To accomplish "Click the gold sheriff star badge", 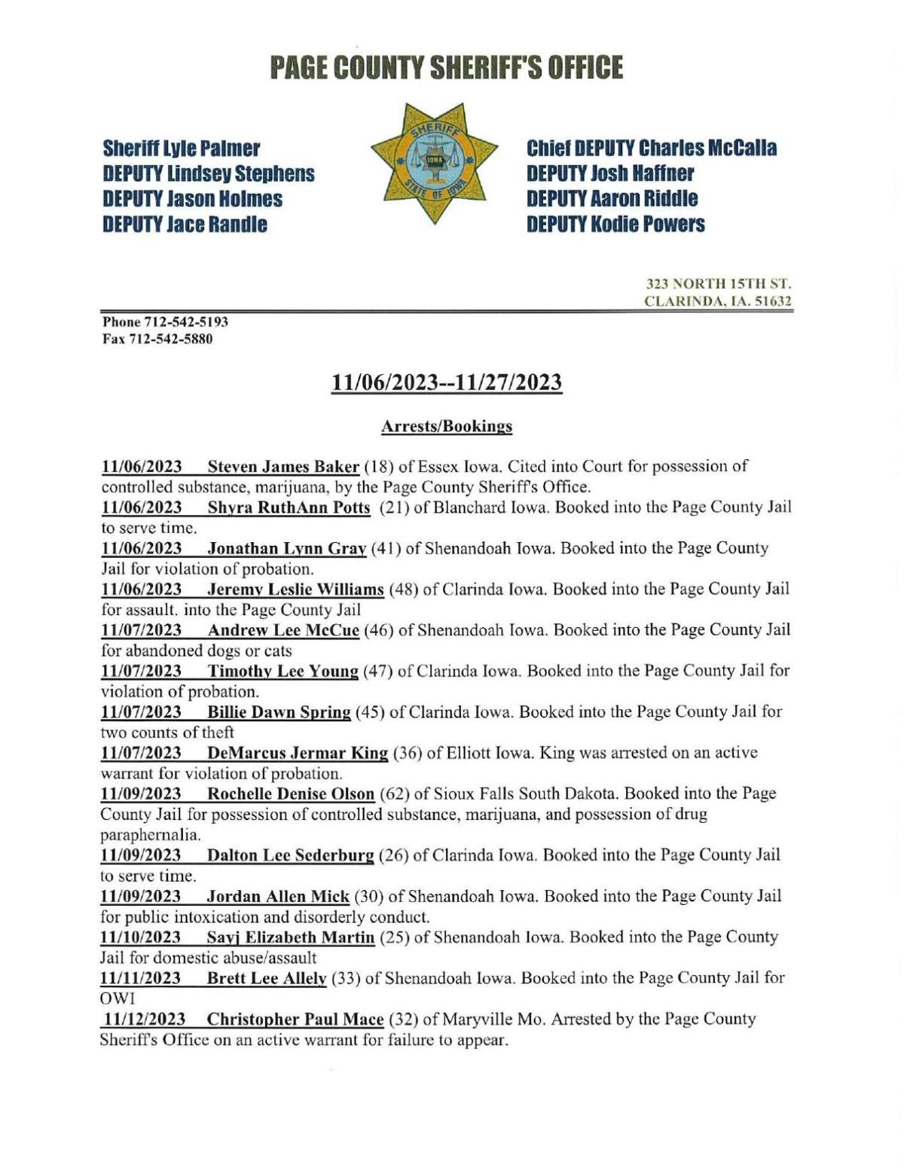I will pos(434,163).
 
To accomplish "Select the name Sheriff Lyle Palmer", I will pos(181,148).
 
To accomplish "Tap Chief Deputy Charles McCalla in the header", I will pos(651,148).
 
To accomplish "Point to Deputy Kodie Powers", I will pos(615,224).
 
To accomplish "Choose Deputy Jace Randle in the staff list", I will pos(185,224).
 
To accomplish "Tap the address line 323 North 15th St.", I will pos(718,285).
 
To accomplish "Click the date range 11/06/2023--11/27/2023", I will pos(447,382).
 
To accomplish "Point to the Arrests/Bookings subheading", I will pos(446,426).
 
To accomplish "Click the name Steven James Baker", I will pos(283,466).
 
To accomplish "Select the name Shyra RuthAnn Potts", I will pos(289,507).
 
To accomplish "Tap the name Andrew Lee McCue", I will pos(283,629).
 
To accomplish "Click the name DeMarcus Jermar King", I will pos(298,753).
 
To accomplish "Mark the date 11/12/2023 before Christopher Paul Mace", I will pos(145,1019).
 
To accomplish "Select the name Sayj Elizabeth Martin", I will pos(290,937).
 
